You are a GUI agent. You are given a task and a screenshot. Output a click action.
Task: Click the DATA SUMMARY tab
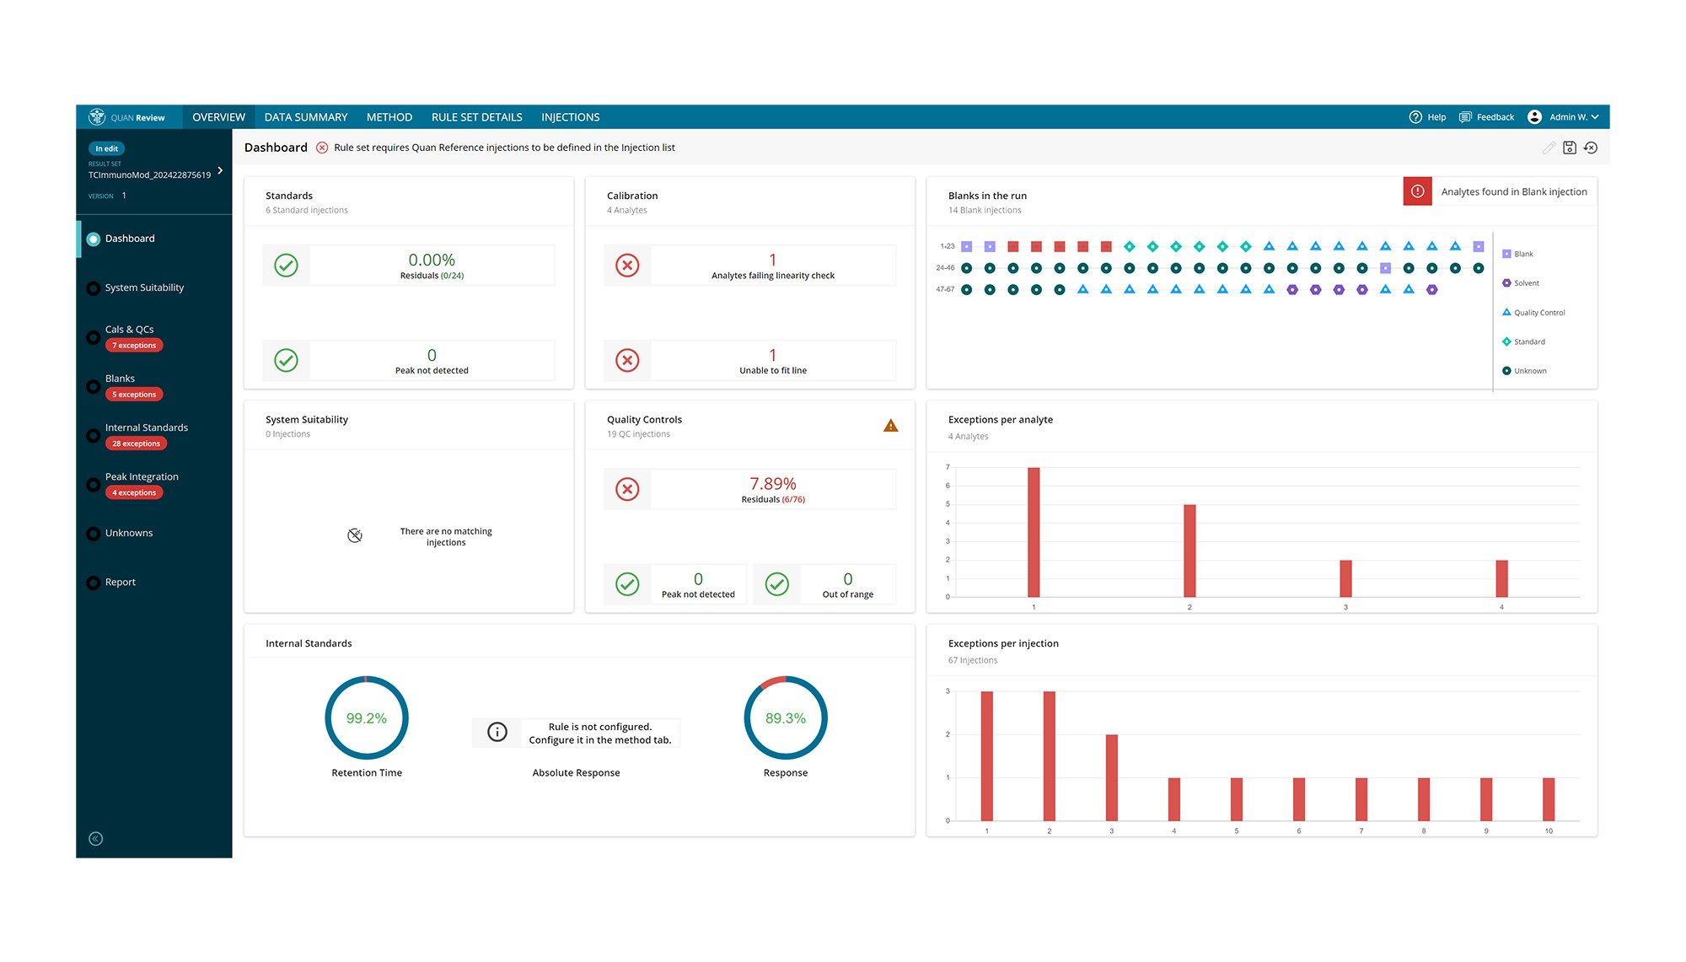pyautogui.click(x=305, y=117)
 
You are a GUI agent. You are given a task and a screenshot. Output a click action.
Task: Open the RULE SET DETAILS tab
pyautogui.click(x=476, y=117)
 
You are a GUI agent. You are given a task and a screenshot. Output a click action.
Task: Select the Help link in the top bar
pyautogui.click(x=1428, y=117)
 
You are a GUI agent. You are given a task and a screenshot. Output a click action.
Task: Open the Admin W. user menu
pyautogui.click(x=1565, y=117)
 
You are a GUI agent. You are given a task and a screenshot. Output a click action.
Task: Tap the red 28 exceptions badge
pyautogui.click(x=136, y=443)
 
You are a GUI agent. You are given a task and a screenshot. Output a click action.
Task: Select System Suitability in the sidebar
pyautogui.click(x=144, y=288)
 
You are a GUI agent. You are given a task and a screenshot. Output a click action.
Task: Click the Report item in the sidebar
pyautogui.click(x=120, y=582)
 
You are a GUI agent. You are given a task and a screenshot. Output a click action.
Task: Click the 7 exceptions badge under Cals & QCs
pyautogui.click(x=134, y=346)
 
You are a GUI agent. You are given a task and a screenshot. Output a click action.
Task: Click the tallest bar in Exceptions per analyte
pyautogui.click(x=1034, y=532)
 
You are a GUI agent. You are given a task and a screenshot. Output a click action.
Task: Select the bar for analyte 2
pyautogui.click(x=1189, y=551)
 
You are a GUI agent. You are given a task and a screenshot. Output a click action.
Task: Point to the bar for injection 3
pyautogui.click(x=1111, y=777)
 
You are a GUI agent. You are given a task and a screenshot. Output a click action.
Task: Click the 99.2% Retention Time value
pyautogui.click(x=366, y=718)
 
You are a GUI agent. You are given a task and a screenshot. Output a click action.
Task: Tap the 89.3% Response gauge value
pyautogui.click(x=785, y=718)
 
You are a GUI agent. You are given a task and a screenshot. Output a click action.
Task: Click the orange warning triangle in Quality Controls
pyautogui.click(x=890, y=426)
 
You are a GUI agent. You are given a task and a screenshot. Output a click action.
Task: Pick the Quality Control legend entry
pyautogui.click(x=1538, y=313)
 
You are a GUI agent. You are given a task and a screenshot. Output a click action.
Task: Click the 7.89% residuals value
pyautogui.click(x=772, y=484)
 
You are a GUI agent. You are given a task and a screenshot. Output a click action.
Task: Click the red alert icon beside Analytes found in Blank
pyautogui.click(x=1417, y=191)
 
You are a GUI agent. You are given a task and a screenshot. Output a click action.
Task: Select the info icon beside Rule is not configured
pyautogui.click(x=497, y=732)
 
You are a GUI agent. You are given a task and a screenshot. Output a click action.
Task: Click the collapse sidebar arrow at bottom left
pyautogui.click(x=96, y=838)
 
